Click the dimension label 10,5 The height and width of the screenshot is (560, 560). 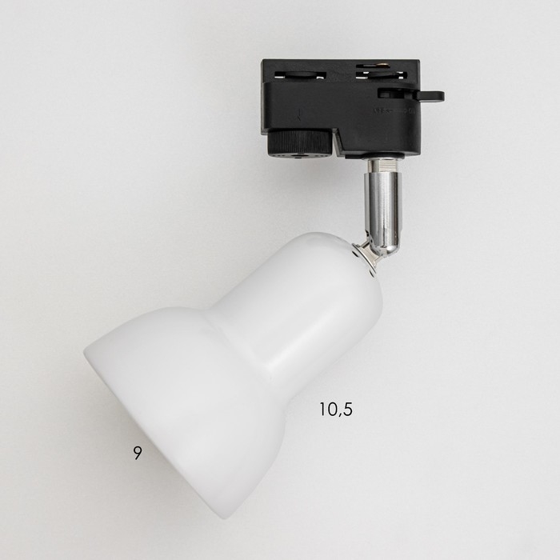point(336,410)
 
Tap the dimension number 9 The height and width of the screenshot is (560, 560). point(138,453)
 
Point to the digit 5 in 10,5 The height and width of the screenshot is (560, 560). point(346,409)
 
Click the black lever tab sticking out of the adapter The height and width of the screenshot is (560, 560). point(430,96)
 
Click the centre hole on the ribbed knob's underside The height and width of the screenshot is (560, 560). point(298,157)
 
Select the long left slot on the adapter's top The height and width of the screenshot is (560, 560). point(300,75)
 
